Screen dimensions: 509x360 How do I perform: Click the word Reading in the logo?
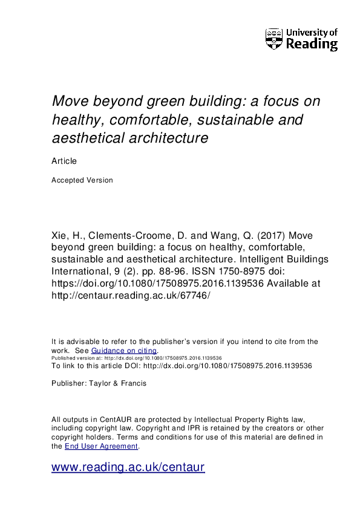click(311, 44)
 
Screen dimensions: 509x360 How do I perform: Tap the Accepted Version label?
click(82, 180)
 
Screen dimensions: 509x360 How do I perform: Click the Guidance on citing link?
click(124, 351)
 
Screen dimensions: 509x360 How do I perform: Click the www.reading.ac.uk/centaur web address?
click(128, 467)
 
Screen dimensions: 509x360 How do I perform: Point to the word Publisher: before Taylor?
click(70, 383)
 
